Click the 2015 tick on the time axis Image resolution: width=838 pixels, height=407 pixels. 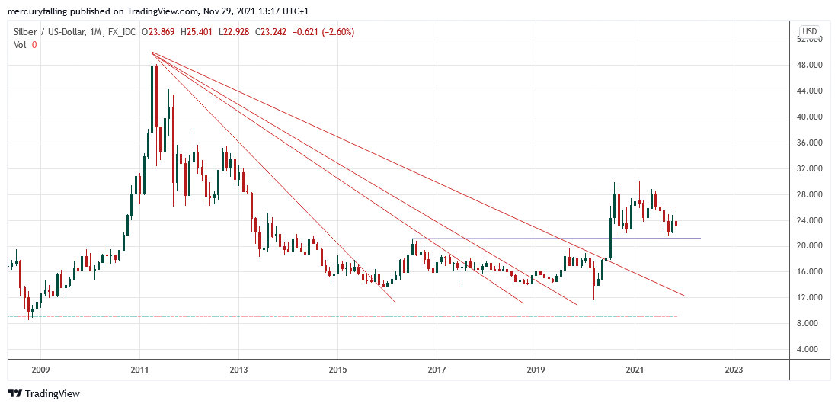coord(337,370)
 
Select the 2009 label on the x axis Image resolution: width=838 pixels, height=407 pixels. coord(40,370)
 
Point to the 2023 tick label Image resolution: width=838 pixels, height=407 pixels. coord(733,370)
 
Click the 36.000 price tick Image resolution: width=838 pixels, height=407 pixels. coord(809,143)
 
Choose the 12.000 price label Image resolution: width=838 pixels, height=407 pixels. coord(809,297)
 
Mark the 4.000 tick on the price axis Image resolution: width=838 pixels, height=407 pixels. coord(811,349)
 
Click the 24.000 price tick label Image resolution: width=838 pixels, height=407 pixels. coord(809,220)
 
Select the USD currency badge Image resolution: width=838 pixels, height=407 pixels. coord(808,31)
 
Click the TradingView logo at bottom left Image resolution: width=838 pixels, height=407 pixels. coord(43,393)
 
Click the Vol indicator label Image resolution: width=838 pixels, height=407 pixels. coord(21,45)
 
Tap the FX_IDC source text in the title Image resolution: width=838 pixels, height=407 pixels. coord(123,32)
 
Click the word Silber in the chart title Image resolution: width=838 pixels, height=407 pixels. coord(27,32)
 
